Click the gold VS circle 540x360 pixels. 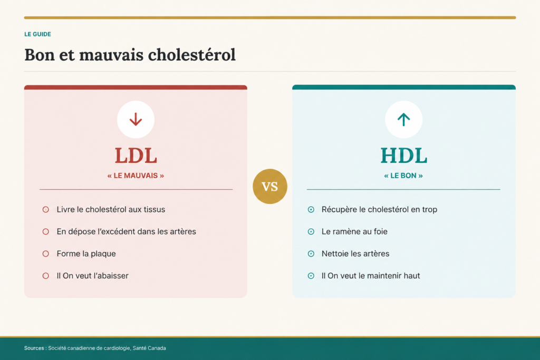tap(269, 186)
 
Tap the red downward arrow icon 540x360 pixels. tap(136, 120)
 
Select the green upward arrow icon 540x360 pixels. tap(403, 120)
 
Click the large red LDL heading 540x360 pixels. tap(136, 155)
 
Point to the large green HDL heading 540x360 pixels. tap(403, 155)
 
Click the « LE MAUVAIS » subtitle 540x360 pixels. tap(136, 176)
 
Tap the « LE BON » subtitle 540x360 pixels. tap(403, 176)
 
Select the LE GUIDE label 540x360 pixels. tap(37, 34)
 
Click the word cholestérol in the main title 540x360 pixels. tap(192, 55)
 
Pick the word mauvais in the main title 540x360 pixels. tap(111, 55)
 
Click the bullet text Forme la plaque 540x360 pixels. tap(86, 254)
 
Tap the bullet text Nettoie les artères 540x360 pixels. tap(355, 254)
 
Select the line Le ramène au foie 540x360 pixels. tap(354, 231)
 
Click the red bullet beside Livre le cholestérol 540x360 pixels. tap(45, 210)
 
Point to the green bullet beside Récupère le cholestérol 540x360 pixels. tap(311, 210)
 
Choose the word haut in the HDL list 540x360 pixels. tap(412, 276)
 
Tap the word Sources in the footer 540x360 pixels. tap(34, 348)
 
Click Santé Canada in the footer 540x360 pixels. tap(149, 348)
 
